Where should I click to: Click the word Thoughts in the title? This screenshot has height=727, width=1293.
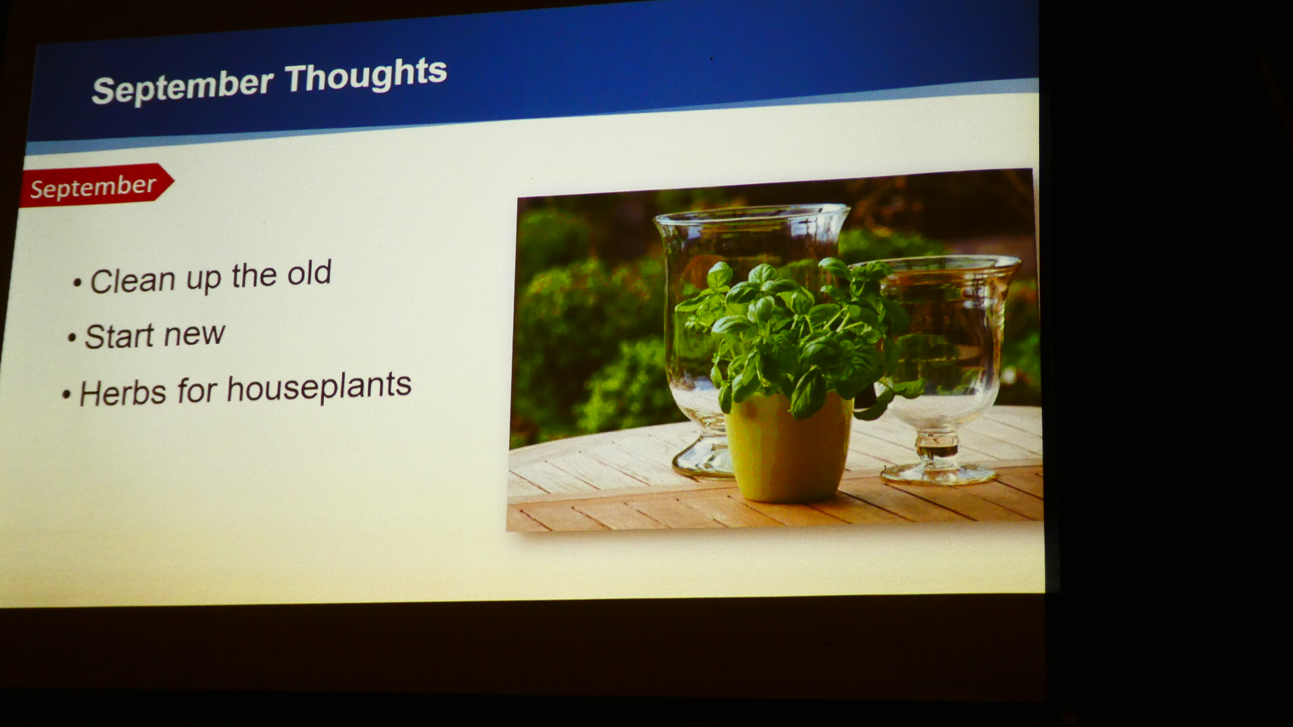(366, 75)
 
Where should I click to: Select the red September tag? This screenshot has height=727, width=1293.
(96, 185)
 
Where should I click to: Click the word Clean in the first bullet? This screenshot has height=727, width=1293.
(133, 281)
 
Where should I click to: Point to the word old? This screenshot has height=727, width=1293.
(309, 273)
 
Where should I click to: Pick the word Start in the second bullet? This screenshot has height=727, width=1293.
(119, 336)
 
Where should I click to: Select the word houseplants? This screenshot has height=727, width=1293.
(319, 387)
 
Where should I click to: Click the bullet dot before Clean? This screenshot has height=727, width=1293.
(77, 283)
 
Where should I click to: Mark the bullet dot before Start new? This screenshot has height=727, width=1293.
(72, 338)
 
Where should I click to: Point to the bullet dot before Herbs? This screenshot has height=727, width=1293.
(66, 394)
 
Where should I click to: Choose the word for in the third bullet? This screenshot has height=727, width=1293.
(197, 390)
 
